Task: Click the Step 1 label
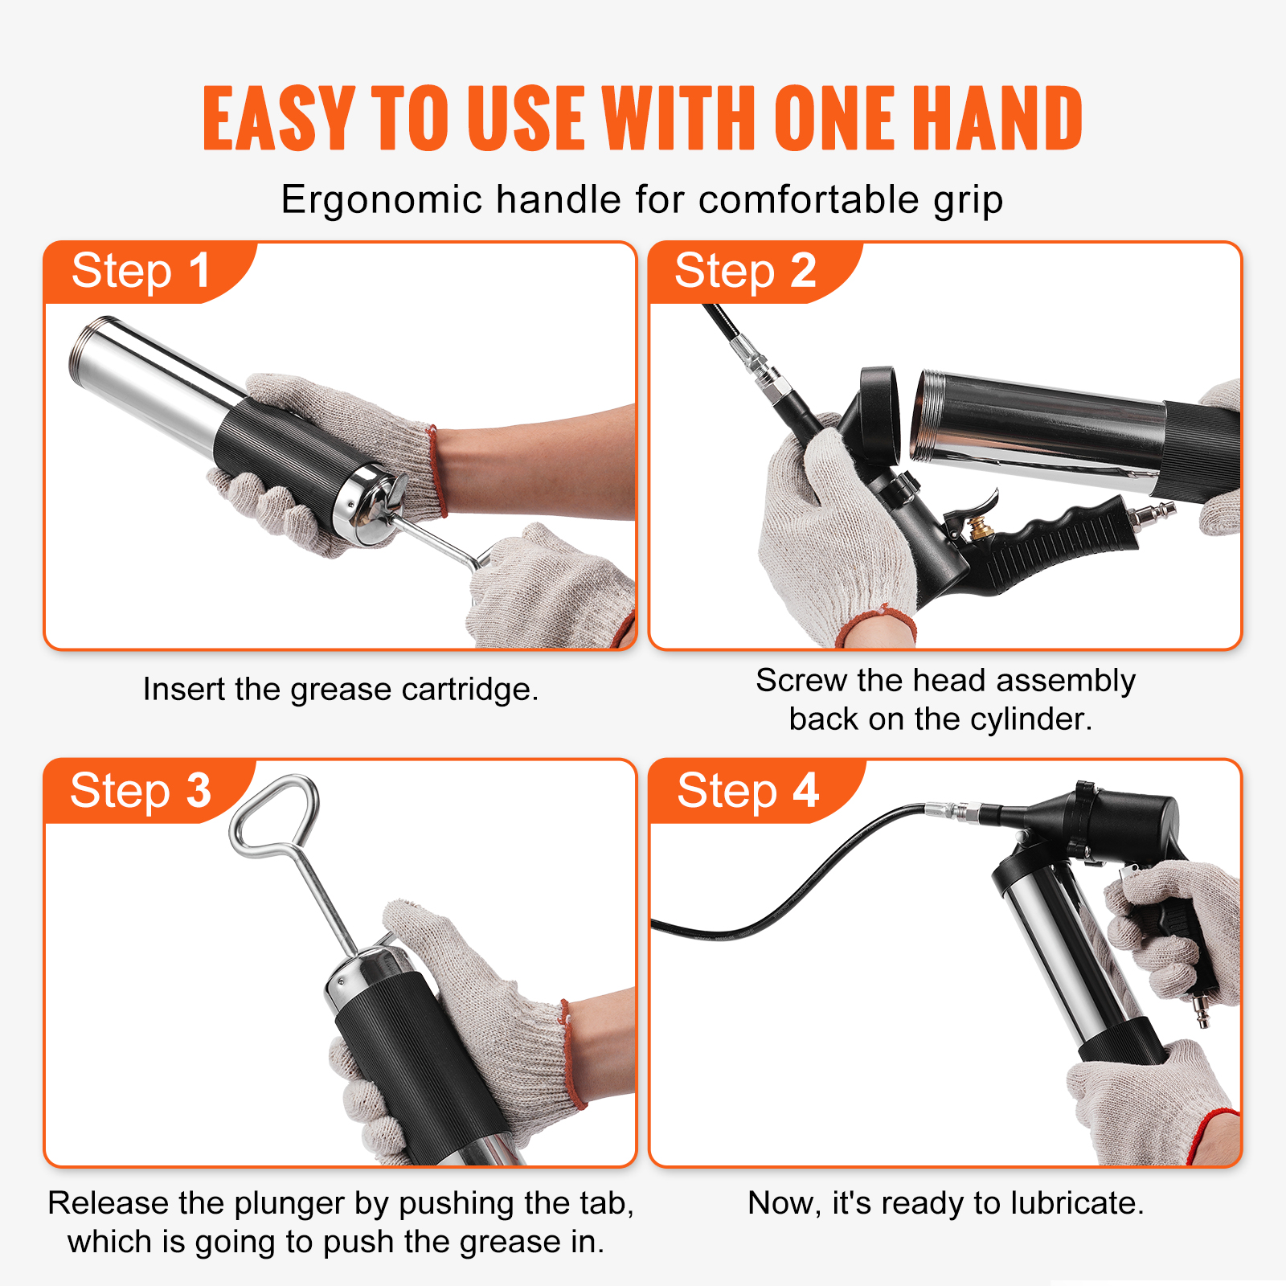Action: tap(141, 272)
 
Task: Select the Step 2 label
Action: tap(745, 272)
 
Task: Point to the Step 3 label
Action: tap(141, 791)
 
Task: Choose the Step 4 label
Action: tap(747, 791)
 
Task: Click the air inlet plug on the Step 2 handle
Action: tap(1154, 513)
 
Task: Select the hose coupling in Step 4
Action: tap(952, 809)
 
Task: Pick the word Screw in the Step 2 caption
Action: tap(801, 681)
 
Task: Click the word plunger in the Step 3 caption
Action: tap(289, 1203)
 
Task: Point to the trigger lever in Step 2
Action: tap(977, 507)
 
